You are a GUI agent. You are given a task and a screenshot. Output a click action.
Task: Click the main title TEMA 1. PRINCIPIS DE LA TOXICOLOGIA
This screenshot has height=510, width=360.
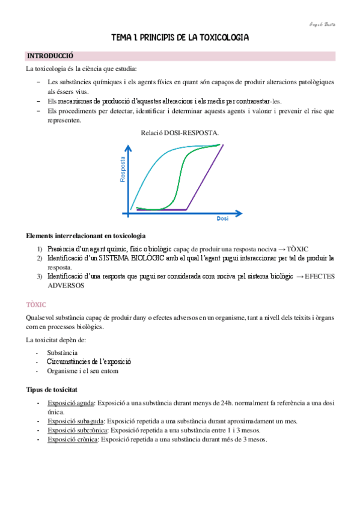(180, 38)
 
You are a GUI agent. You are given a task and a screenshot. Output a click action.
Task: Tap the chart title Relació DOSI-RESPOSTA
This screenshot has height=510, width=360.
(180, 132)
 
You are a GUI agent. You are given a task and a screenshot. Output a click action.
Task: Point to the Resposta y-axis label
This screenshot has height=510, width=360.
(123, 169)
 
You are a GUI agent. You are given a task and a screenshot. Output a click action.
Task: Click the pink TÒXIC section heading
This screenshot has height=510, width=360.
(37, 305)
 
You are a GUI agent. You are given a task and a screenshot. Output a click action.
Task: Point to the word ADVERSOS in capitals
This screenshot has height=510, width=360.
(65, 286)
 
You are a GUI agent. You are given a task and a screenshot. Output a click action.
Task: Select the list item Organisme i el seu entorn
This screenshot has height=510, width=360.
(82, 371)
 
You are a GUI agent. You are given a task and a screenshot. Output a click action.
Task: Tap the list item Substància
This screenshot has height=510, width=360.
(62, 352)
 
